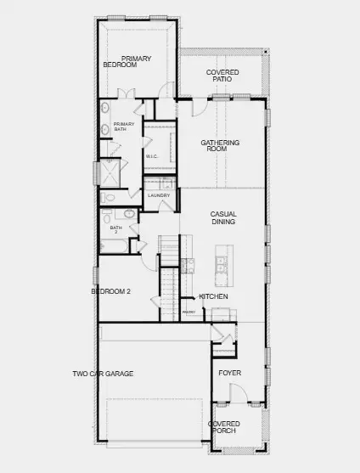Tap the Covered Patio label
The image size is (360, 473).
(x=222, y=76)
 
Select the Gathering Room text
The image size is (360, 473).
(x=220, y=147)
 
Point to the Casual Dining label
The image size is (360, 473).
(x=223, y=218)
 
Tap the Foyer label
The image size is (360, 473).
(x=230, y=373)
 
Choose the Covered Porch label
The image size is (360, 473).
(x=223, y=427)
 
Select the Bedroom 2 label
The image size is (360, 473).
(x=111, y=292)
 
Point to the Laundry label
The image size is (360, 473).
(x=159, y=195)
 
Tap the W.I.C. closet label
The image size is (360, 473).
(x=152, y=156)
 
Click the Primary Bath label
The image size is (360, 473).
(x=113, y=127)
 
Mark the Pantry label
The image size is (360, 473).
(x=189, y=313)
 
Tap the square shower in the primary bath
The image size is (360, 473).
(x=110, y=172)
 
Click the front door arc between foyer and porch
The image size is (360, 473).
(x=237, y=394)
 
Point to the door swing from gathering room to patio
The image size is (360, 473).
(x=198, y=108)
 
